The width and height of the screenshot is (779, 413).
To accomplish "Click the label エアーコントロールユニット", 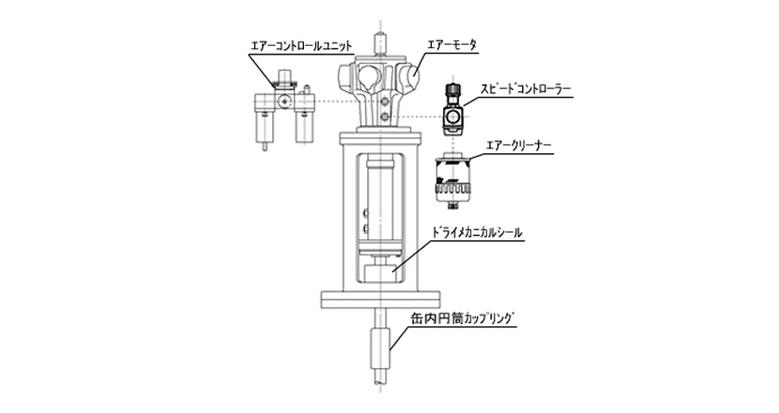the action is pos(301,46).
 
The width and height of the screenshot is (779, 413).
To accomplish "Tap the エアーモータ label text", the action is pos(451,45).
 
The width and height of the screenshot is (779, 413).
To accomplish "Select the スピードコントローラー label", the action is pos(526,89).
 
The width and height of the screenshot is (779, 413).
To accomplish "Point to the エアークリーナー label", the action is pos(518,146).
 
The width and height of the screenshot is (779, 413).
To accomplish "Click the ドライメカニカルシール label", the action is pos(478,233).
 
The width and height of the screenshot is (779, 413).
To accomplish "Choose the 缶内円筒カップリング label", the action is pos(463,318).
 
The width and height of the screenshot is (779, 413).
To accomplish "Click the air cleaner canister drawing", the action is pos(452,179).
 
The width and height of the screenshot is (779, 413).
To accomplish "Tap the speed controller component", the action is pos(452,109).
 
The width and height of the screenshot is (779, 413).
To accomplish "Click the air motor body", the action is pos(380,91).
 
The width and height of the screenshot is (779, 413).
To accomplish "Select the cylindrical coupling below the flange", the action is pos(380,348).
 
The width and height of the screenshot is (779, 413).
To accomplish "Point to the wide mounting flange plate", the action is pos(380,299).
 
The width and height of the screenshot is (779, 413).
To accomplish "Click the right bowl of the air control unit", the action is pos(303,127).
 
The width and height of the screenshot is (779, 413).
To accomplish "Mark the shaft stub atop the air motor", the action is pos(380,45).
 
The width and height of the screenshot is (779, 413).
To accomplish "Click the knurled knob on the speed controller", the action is pos(452,88).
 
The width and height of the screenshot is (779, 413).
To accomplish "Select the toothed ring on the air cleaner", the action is pos(452,189).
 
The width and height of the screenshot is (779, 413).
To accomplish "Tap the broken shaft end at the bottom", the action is pos(380,376).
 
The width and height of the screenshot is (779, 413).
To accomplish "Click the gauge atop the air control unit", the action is pos(284,79).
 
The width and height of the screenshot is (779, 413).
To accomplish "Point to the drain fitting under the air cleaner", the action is pos(452,206).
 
